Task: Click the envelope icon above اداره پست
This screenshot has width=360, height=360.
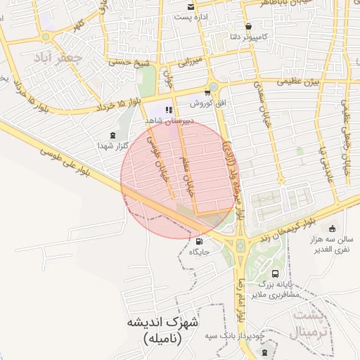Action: click(191, 6)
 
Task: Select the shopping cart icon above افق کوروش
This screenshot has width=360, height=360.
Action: click(207, 92)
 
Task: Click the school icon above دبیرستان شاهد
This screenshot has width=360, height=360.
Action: click(169, 110)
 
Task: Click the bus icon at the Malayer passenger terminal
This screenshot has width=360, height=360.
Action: click(275, 274)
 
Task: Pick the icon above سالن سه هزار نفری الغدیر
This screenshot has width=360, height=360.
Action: click(332, 228)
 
